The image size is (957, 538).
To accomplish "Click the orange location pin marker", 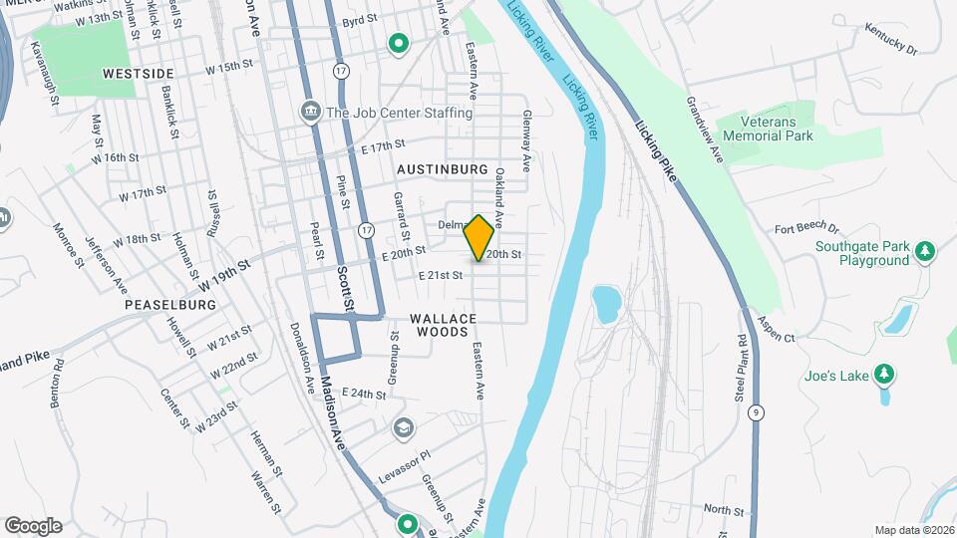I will pos(479,237).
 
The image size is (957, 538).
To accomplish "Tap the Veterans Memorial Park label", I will pos(768,128).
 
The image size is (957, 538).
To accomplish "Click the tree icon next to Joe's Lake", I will pos(882,375).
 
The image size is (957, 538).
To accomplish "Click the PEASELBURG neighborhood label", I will pos(170,304).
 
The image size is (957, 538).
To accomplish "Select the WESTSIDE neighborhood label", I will pos(138,74).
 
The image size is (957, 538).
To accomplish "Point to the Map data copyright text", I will pos(913,530).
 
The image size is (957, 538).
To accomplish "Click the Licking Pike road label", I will pos(655,151).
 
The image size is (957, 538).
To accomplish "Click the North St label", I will pos(717,509).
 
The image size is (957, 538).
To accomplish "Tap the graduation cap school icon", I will pos(403,428).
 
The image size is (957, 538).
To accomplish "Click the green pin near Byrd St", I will pos(398,44).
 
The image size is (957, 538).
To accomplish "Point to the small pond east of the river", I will pos(605,302).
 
